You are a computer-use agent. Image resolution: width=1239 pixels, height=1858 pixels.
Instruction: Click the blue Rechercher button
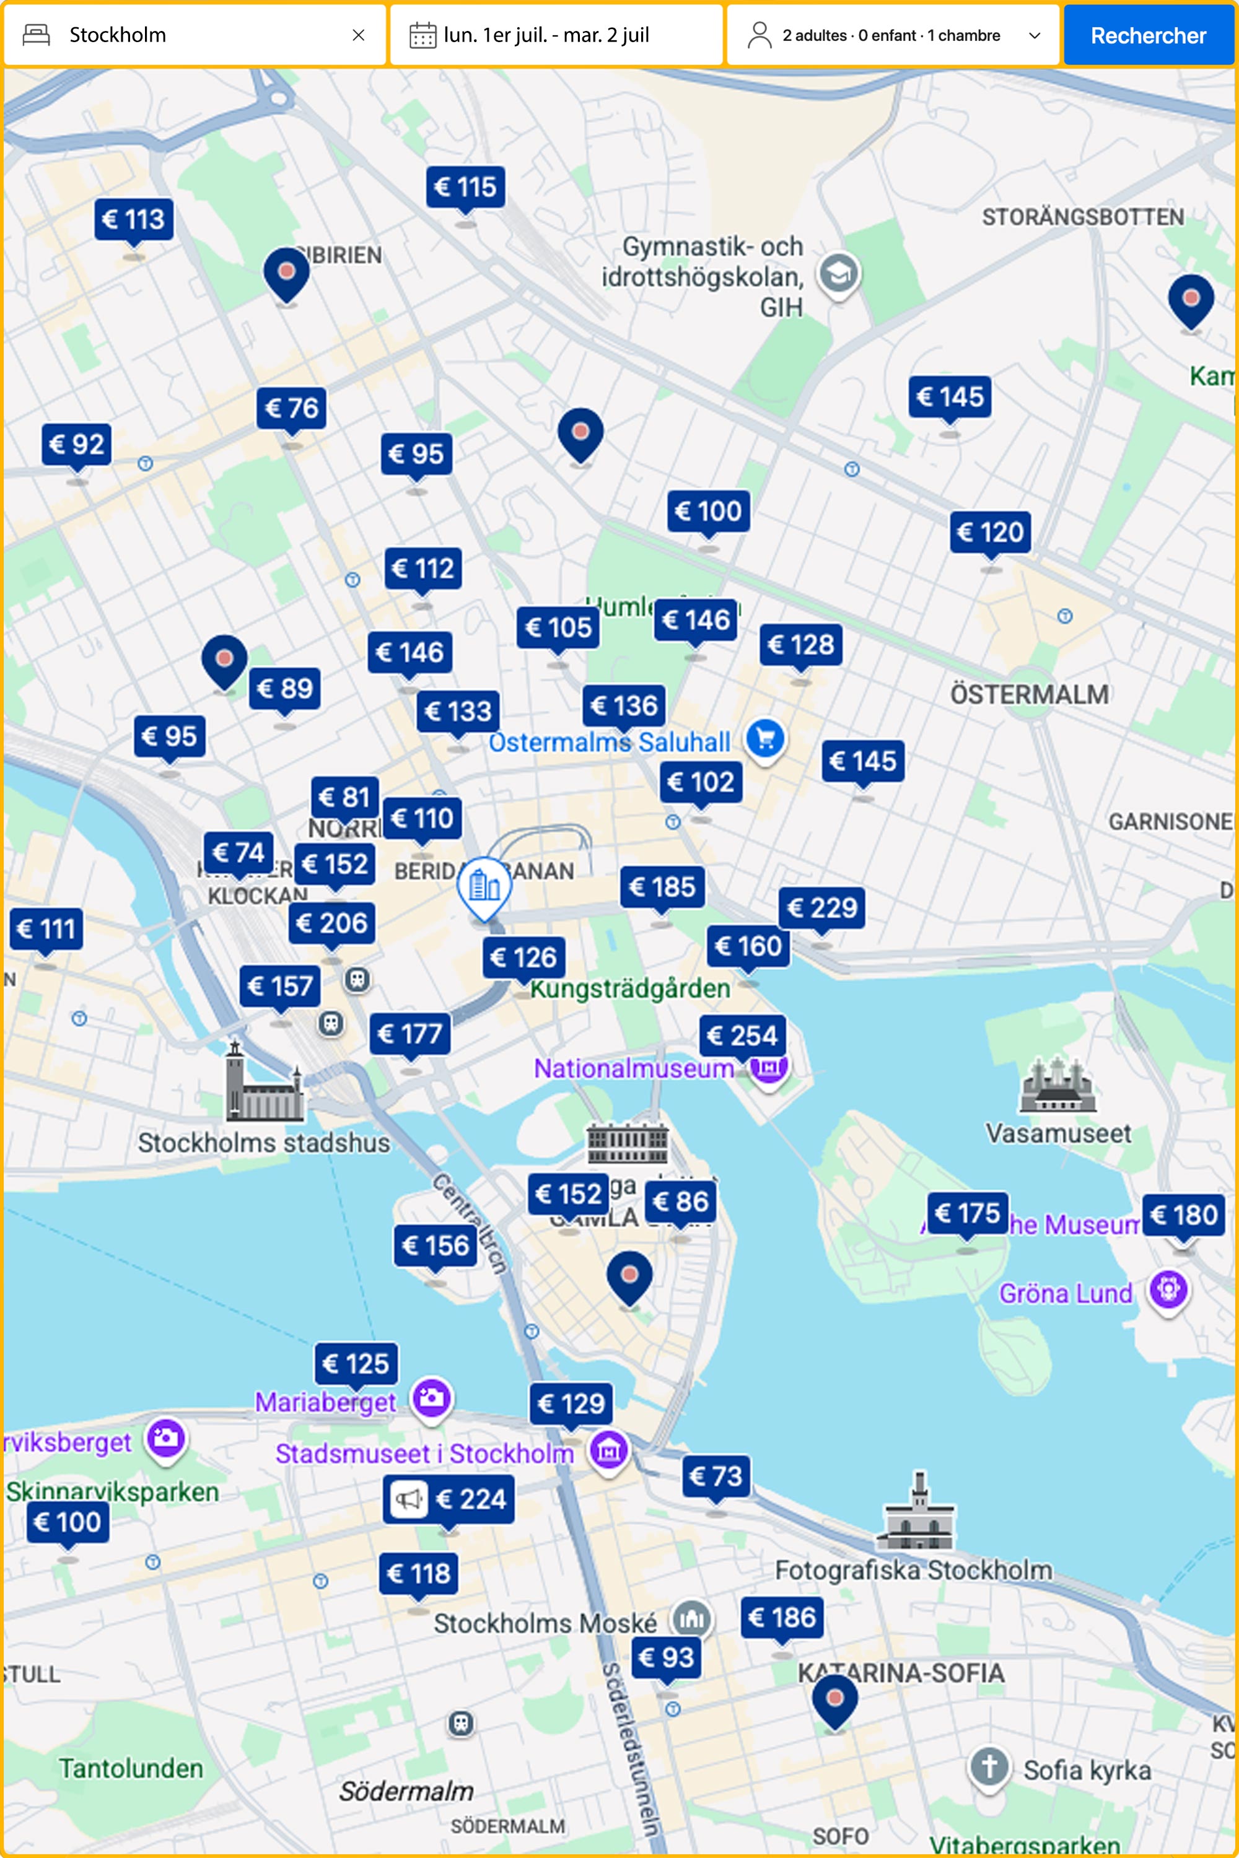tap(1147, 35)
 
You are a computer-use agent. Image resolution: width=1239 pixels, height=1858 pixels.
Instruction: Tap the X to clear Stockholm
tap(358, 35)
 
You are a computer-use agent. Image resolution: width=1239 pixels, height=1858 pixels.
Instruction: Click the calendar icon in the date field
tap(422, 35)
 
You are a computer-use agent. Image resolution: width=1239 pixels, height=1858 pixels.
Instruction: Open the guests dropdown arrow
tap(1035, 35)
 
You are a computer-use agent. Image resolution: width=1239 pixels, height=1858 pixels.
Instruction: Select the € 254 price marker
tap(742, 1035)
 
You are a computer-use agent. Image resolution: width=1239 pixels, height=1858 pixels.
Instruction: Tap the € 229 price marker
tap(822, 907)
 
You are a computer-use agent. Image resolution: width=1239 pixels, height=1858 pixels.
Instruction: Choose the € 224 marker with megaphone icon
tap(449, 1499)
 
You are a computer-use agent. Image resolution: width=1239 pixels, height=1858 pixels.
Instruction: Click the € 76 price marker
tap(291, 408)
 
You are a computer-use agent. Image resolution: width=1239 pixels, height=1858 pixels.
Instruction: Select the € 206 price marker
tap(332, 923)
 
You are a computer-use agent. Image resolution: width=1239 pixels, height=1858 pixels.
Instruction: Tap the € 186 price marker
tap(781, 1617)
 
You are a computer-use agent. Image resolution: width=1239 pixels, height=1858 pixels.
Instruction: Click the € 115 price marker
tap(465, 187)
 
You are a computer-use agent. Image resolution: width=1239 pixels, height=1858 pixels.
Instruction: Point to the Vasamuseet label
tap(1058, 1133)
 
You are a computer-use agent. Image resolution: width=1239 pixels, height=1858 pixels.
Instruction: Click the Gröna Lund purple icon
tap(1168, 1290)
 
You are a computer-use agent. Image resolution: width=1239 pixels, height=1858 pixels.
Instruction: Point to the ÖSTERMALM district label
tap(1029, 694)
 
